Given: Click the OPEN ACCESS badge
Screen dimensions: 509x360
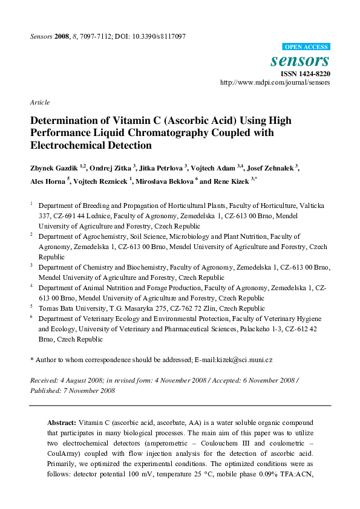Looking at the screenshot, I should tap(306, 47).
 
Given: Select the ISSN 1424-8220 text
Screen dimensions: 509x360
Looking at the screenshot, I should tap(305, 74).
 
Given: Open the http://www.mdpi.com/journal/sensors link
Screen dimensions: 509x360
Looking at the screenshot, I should tap(275, 83).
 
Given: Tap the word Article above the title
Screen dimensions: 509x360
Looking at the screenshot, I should tap(40, 102).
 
